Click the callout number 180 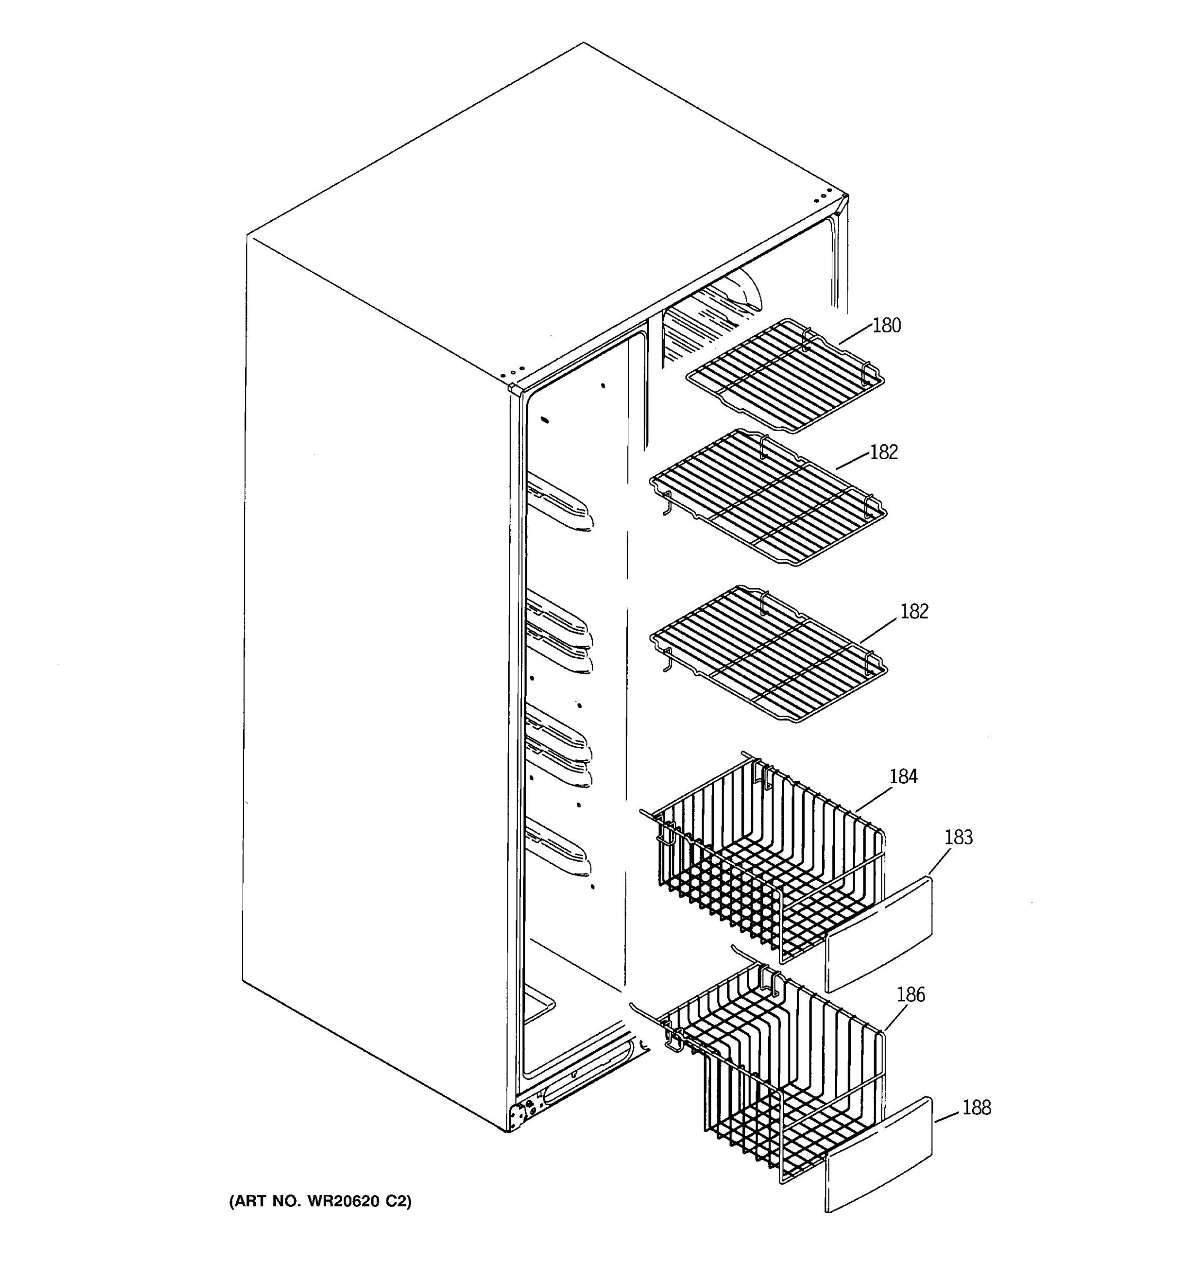(x=886, y=325)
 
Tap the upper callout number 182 (x=884, y=452)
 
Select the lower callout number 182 (x=914, y=611)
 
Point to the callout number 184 (x=903, y=776)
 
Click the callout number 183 (x=958, y=837)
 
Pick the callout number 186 (x=911, y=994)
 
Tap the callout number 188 (x=976, y=1107)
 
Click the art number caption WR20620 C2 (x=321, y=1201)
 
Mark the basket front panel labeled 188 (x=879, y=1154)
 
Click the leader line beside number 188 (x=947, y=1116)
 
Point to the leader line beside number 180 (x=856, y=335)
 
